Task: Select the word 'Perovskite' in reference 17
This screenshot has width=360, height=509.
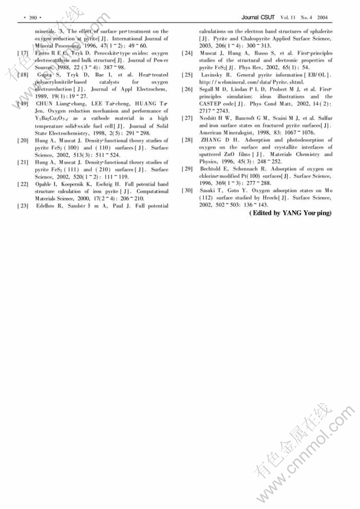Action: [91, 53]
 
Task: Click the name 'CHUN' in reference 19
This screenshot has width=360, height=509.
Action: [44, 104]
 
